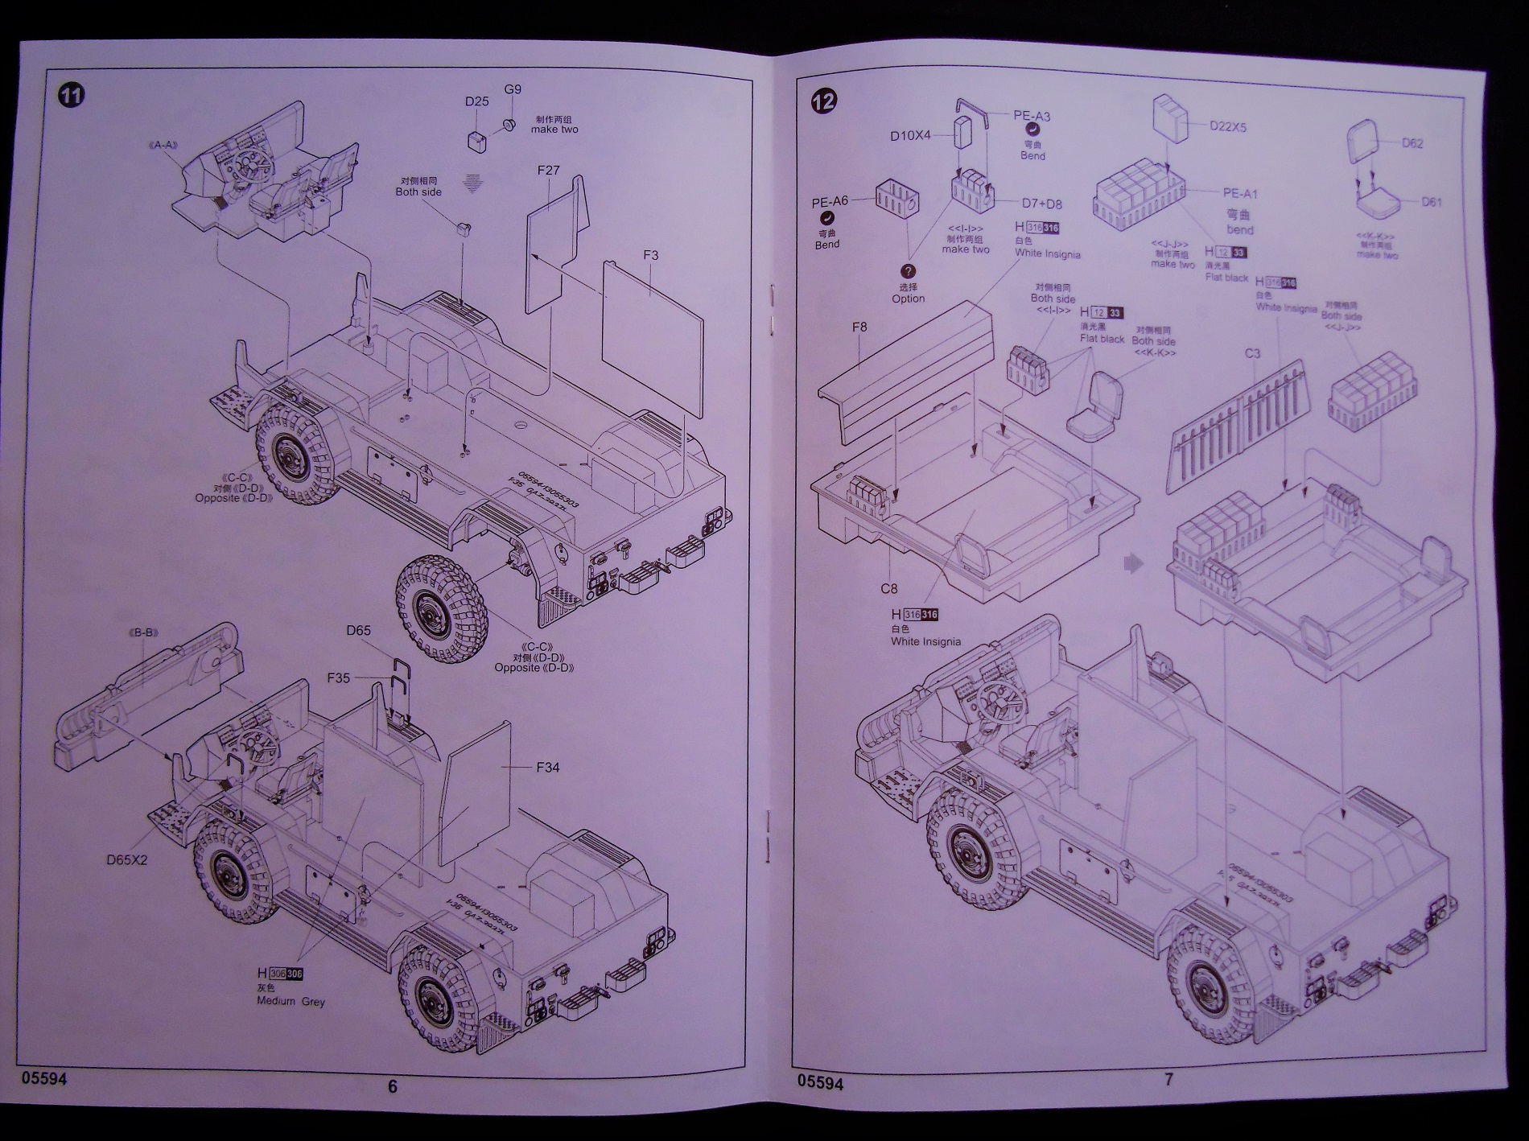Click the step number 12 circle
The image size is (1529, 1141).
[824, 101]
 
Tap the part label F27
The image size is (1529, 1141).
[547, 171]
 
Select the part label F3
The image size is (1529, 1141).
[650, 255]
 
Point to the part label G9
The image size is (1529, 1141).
[513, 89]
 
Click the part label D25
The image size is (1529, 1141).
[476, 101]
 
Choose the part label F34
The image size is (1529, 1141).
[547, 768]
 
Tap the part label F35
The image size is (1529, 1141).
[338, 678]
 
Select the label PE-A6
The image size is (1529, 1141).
[830, 201]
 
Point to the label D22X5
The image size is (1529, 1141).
[1227, 126]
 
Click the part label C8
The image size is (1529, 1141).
[888, 589]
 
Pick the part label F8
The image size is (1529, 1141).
[859, 327]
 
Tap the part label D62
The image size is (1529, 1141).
[1412, 143]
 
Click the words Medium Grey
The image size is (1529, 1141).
[291, 1002]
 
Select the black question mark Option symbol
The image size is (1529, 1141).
[909, 272]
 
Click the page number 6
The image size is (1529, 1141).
[393, 1086]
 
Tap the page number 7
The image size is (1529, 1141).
[1169, 1080]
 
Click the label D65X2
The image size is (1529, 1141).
[127, 859]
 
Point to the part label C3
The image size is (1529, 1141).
[1251, 353]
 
